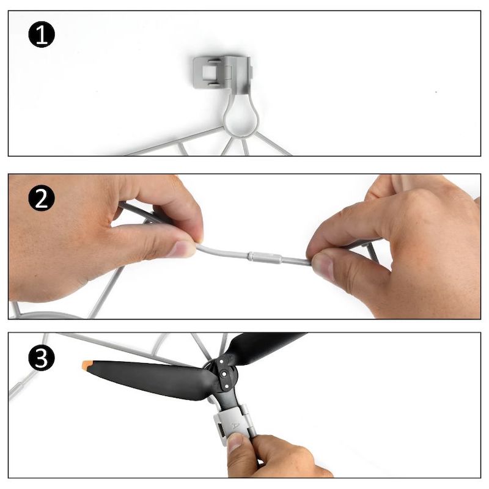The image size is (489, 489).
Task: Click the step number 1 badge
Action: (x=42, y=34)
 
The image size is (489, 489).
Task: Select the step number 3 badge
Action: (x=42, y=358)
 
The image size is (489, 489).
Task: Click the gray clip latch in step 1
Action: (x=222, y=73)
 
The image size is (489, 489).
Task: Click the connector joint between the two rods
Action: (x=265, y=257)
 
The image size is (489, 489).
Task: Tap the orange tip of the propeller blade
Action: (x=87, y=366)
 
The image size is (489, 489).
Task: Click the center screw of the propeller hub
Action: (x=224, y=373)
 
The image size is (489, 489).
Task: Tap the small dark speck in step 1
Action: (x=436, y=92)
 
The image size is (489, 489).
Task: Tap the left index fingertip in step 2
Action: (x=180, y=248)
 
